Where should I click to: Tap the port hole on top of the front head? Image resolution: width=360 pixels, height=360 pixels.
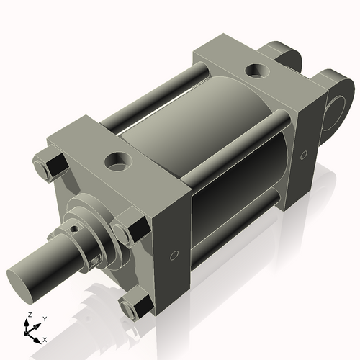pos(117,160)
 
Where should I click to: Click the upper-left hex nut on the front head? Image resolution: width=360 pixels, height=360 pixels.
pos(45,167)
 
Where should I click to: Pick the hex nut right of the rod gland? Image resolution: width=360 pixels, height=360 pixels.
pos(124,232)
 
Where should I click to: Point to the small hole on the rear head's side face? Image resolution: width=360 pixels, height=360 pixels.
pos(304,154)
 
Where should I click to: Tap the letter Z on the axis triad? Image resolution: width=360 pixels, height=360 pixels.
pos(29,315)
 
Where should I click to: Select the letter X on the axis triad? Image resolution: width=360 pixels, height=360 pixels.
pos(45,338)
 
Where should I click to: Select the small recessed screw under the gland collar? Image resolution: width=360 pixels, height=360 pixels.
pos(96,258)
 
